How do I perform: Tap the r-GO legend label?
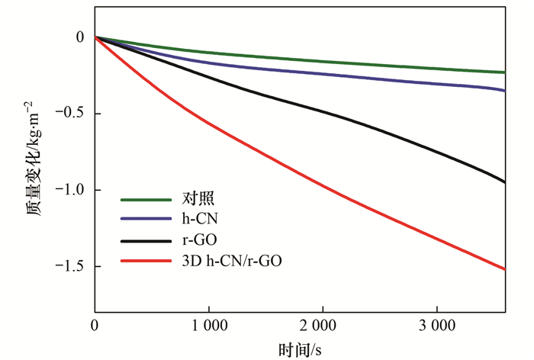200,241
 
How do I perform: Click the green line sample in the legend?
146,201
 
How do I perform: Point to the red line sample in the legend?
146,262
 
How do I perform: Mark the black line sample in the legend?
146,241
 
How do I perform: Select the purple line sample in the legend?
146,220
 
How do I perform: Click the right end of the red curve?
504,269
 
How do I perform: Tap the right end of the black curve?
504,182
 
